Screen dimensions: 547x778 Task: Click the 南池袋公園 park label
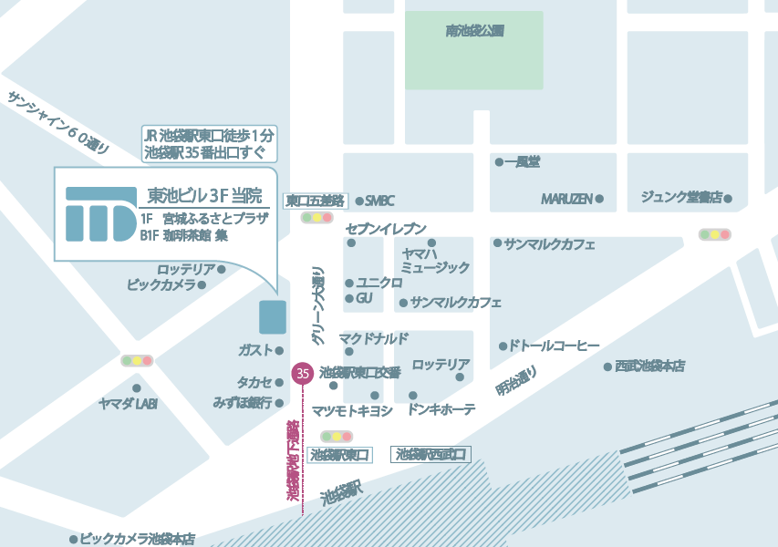click(x=475, y=31)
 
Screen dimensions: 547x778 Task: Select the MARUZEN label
click(x=566, y=198)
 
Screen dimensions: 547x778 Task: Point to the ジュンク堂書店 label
click(x=681, y=197)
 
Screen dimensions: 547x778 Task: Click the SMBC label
click(x=379, y=201)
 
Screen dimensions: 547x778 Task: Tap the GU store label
click(x=364, y=298)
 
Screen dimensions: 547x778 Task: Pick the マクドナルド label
click(x=374, y=338)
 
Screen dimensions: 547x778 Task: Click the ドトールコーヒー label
click(x=554, y=346)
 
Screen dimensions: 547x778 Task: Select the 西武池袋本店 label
click(x=649, y=366)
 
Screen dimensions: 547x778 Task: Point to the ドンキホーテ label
click(x=442, y=410)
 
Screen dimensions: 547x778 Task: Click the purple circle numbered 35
click(x=303, y=373)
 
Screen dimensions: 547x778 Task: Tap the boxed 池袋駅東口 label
click(x=339, y=454)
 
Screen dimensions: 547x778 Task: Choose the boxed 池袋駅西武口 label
click(x=431, y=453)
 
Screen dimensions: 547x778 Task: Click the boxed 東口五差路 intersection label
click(x=315, y=201)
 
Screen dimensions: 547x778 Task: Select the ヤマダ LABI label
click(x=129, y=403)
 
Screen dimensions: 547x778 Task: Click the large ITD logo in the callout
click(x=100, y=212)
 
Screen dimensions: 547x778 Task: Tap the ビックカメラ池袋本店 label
click(x=138, y=539)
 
